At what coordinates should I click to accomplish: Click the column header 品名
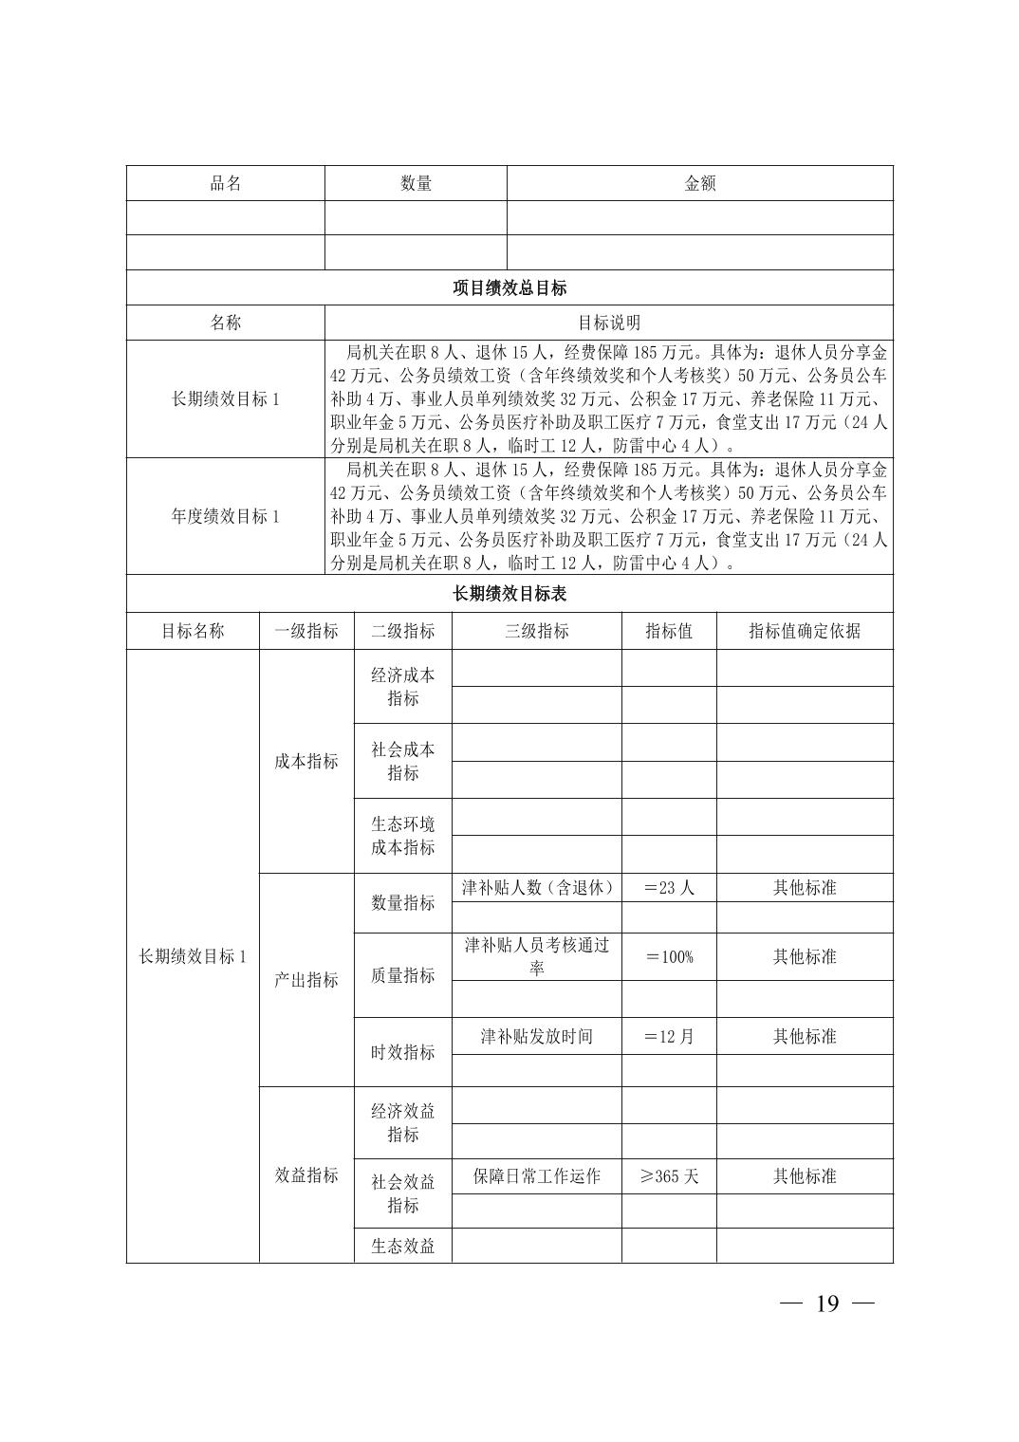226,183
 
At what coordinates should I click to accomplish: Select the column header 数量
416,183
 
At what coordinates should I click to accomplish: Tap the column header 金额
700,183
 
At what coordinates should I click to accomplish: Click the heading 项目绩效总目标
509,287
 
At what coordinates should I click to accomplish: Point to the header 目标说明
608,323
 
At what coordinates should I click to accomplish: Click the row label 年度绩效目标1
226,516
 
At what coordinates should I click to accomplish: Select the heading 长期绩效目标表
509,594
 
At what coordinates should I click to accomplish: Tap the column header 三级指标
537,631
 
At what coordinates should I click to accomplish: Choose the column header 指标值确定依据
805,631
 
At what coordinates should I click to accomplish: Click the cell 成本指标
306,761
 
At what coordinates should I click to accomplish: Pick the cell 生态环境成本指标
403,835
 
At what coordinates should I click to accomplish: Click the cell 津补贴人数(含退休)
537,888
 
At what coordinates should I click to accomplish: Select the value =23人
669,888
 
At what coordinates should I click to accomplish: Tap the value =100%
669,956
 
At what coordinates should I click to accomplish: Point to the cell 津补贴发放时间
537,1036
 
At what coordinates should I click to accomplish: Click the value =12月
669,1036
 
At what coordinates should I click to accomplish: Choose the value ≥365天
669,1176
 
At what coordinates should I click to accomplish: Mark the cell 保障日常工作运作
537,1176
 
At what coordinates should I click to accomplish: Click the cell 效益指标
306,1174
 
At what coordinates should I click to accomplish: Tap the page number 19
826,1303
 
